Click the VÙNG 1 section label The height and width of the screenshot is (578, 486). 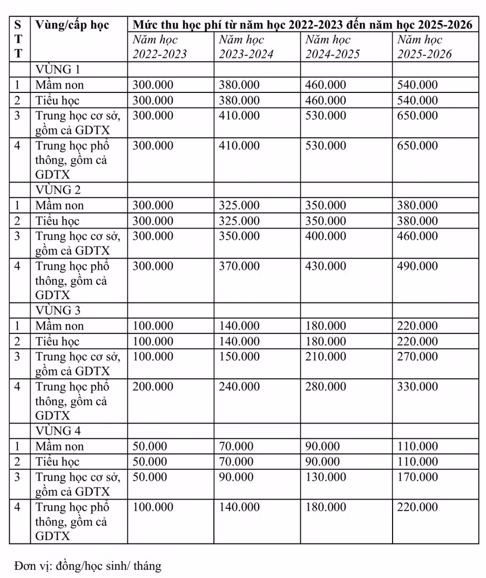coord(58,69)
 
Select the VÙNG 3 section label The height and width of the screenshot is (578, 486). coord(58,310)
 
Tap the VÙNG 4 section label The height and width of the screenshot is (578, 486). coord(58,431)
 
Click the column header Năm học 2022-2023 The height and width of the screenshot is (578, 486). coord(160,47)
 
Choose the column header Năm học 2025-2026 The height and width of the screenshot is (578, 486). coord(424,47)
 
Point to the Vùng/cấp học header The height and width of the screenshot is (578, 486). coord(72,25)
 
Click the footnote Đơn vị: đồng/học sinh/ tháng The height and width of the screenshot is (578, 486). coord(88,566)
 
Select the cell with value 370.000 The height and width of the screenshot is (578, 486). coord(239,266)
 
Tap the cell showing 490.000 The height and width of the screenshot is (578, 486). coord(417,266)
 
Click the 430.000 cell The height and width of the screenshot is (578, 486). coord(326,266)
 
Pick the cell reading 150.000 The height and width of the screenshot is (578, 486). coord(239,357)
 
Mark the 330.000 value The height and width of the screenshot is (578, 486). coord(417,387)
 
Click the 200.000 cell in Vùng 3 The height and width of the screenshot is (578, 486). coord(153,387)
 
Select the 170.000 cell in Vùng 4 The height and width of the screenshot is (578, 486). coord(417,477)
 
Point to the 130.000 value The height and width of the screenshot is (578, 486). coord(326,477)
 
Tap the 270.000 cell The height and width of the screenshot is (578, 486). coord(417,357)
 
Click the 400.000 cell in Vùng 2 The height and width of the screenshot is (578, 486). coord(326,236)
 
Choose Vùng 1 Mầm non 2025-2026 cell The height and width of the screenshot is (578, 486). coord(417,85)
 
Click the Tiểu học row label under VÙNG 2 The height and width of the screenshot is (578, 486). coord(58,221)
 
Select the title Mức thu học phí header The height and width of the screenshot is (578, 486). coord(302,25)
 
